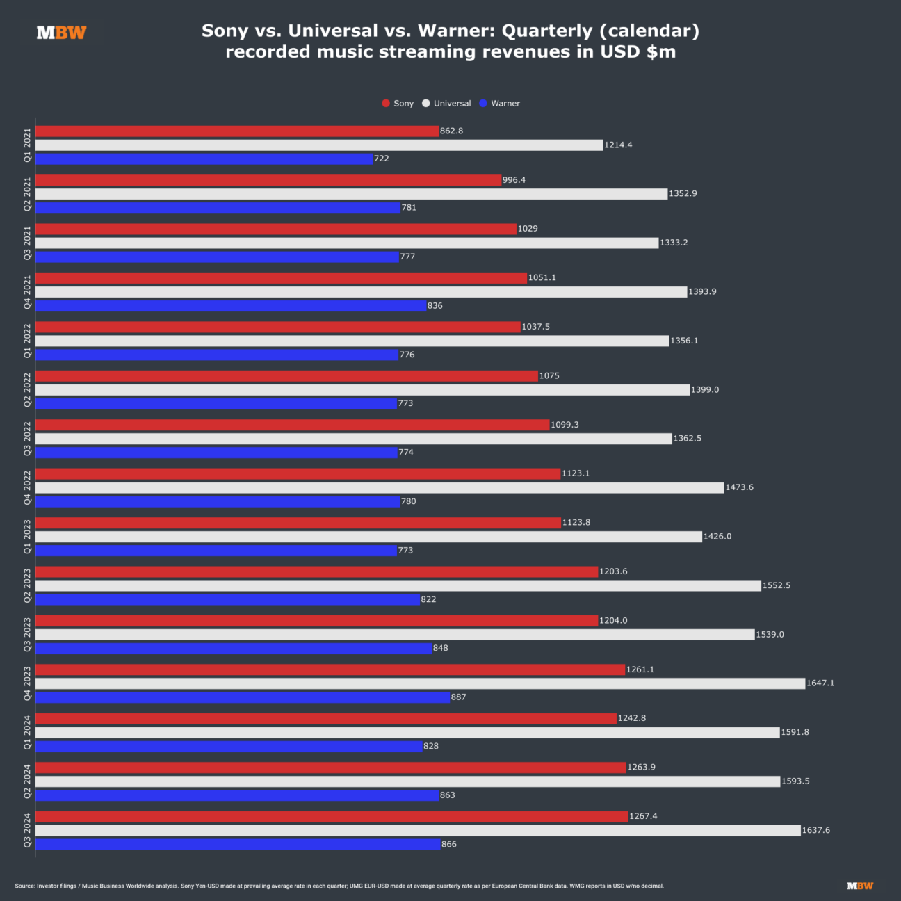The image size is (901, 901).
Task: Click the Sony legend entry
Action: [398, 104]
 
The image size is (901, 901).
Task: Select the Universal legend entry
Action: [446, 104]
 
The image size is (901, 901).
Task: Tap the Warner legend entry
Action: [500, 104]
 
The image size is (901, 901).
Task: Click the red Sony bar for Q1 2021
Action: [236, 131]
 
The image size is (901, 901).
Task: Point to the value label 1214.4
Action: [618, 145]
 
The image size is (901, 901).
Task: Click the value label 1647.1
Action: [820, 683]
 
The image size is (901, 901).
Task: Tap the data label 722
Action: [382, 159]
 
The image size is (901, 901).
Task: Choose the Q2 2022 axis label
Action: [28, 389]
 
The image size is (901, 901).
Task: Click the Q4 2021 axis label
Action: [28, 292]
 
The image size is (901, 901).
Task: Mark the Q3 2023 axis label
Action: [28, 634]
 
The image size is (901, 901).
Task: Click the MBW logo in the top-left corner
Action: [61, 33]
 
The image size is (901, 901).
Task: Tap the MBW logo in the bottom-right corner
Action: [860, 886]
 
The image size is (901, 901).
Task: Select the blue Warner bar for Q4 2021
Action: [230, 306]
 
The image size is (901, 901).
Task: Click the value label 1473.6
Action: [739, 487]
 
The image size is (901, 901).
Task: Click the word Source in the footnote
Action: [24, 886]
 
